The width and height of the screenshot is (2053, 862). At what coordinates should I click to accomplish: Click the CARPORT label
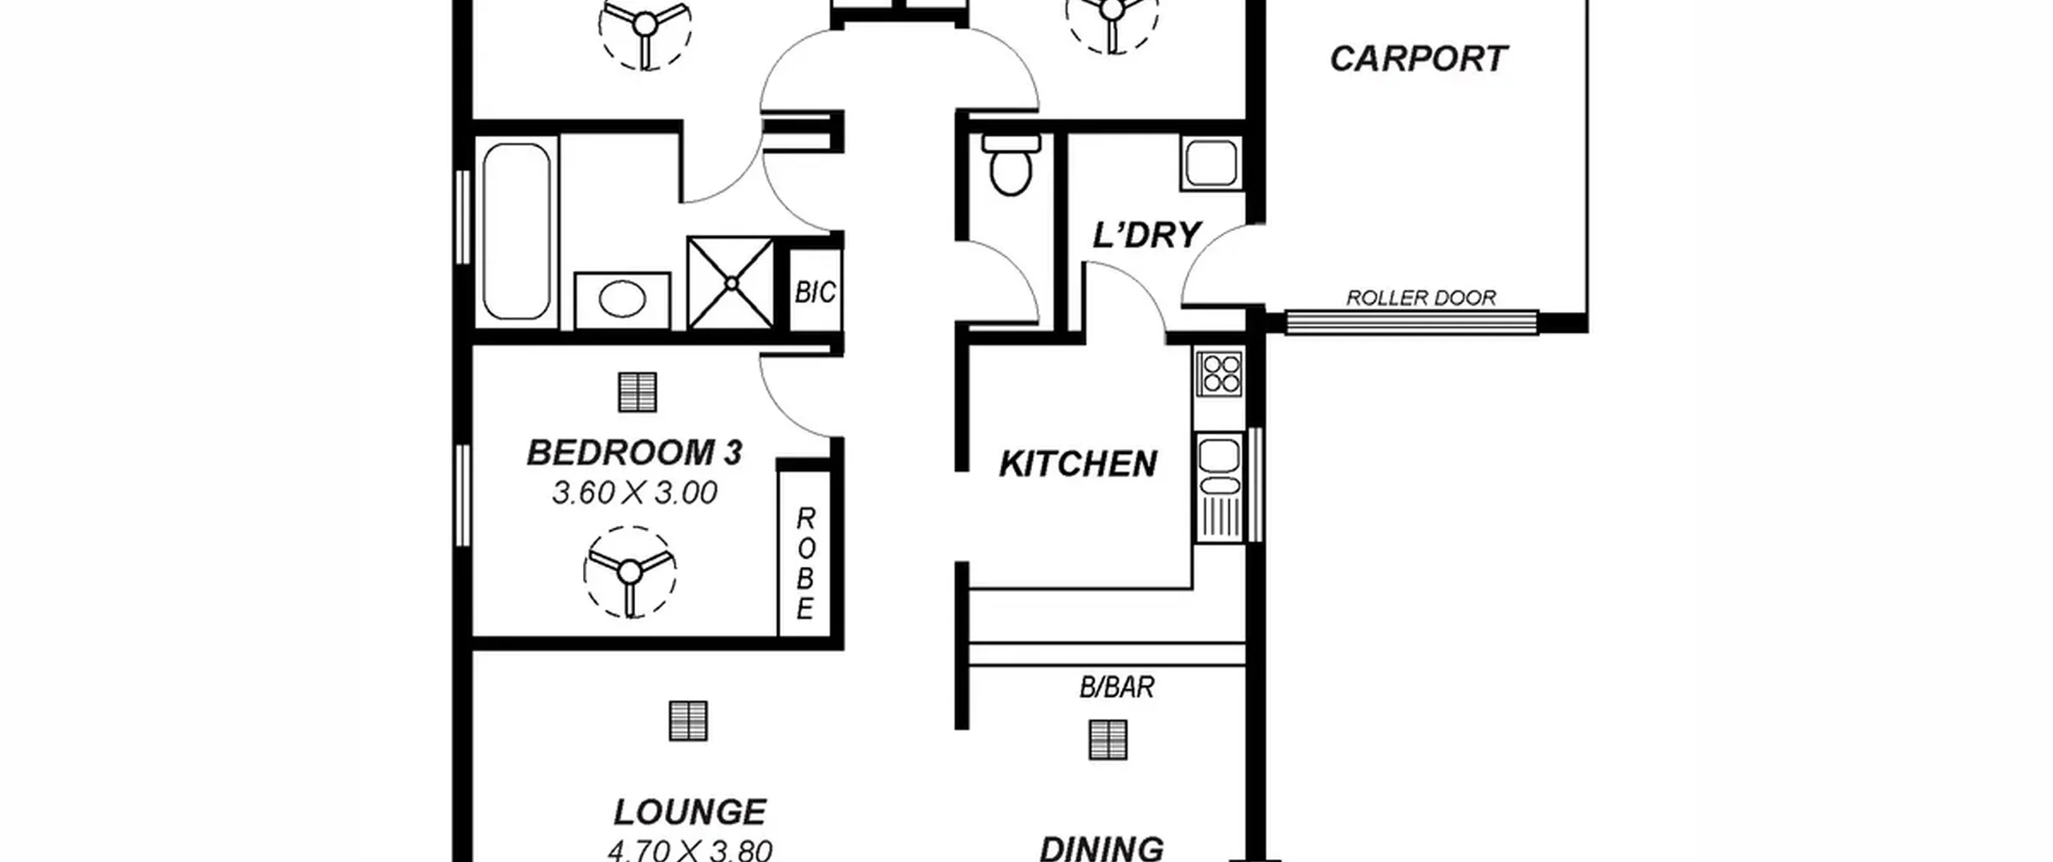coord(1419,59)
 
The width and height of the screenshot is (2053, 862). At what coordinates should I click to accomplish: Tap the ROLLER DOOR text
coord(1420,297)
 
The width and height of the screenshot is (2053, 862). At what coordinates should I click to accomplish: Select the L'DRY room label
coord(1146,235)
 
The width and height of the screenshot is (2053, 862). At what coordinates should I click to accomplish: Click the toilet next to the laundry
coord(1010,165)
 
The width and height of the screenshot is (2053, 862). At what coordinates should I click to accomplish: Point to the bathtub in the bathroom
coord(516,231)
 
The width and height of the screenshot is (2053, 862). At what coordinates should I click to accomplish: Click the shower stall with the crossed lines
coord(731,282)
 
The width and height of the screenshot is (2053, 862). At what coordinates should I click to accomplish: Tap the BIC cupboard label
coord(815,293)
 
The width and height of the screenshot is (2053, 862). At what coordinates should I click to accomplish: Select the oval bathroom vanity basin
coord(622,300)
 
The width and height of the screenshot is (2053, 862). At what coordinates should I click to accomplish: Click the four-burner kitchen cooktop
coord(1219,374)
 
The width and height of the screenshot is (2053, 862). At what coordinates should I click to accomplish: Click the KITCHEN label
coord(1078,463)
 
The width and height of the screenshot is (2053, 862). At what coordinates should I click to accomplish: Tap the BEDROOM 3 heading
coord(634,452)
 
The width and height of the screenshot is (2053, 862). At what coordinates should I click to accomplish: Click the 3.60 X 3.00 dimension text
coord(634,492)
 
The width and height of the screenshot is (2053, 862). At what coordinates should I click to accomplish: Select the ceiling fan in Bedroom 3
coord(630,573)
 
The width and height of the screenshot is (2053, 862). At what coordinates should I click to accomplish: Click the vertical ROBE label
coord(805,564)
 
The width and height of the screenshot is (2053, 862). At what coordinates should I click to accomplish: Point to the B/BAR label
coord(1116,686)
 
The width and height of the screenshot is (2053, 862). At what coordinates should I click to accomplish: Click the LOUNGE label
coord(690,811)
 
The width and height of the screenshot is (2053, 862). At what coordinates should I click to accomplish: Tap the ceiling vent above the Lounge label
coord(688,720)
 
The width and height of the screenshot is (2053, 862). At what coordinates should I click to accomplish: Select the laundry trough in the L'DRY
coord(1211,163)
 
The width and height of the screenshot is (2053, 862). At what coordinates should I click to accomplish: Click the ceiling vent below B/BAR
coord(1107,739)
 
